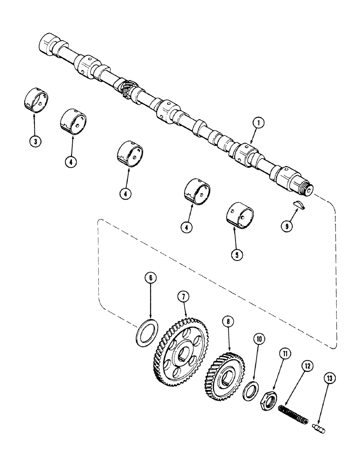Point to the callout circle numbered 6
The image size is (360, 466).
coord(150,279)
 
